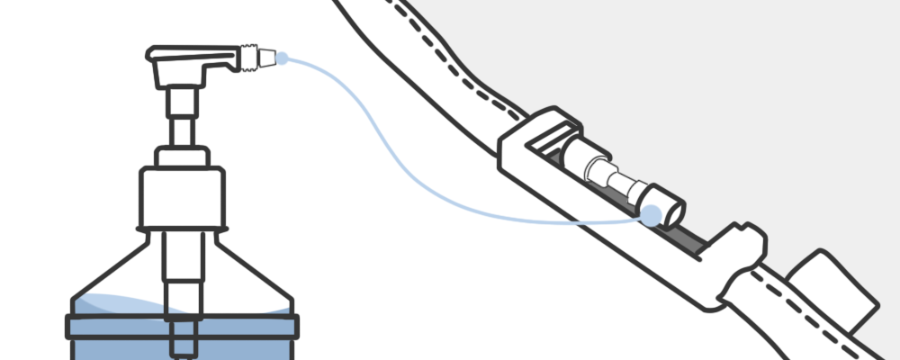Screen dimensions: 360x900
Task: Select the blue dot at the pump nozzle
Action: coord(282,58)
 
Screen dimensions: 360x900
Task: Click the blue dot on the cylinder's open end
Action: coord(650,214)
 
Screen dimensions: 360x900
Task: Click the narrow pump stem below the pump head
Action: coord(180,117)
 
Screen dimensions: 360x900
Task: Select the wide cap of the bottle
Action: coord(181,198)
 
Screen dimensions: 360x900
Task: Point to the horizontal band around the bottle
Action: coord(181,325)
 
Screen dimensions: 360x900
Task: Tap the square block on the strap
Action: coord(837,288)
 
